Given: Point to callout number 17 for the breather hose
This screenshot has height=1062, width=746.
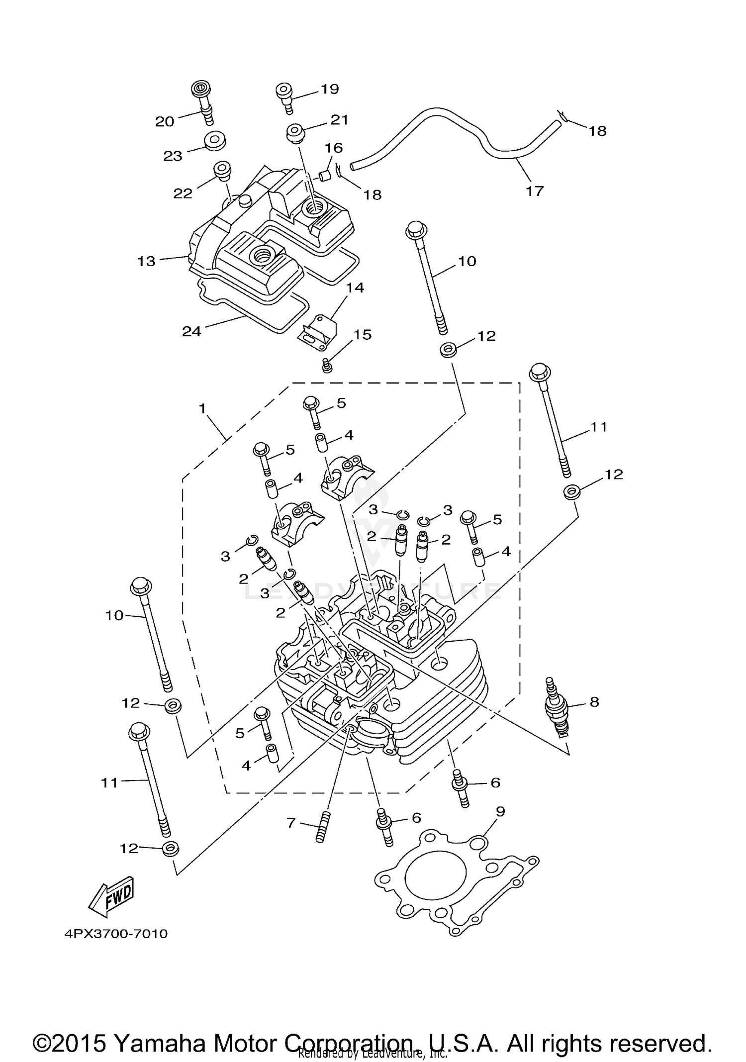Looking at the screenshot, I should click(x=535, y=191).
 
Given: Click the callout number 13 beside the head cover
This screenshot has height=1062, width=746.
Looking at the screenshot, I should click(x=146, y=261).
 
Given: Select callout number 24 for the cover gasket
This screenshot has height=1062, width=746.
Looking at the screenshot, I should click(x=191, y=331).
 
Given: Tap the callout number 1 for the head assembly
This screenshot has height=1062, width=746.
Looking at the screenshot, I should click(x=202, y=409).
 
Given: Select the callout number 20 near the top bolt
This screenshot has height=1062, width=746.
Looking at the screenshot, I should click(x=165, y=121).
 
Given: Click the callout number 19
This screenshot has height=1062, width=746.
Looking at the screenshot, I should click(x=329, y=89).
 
